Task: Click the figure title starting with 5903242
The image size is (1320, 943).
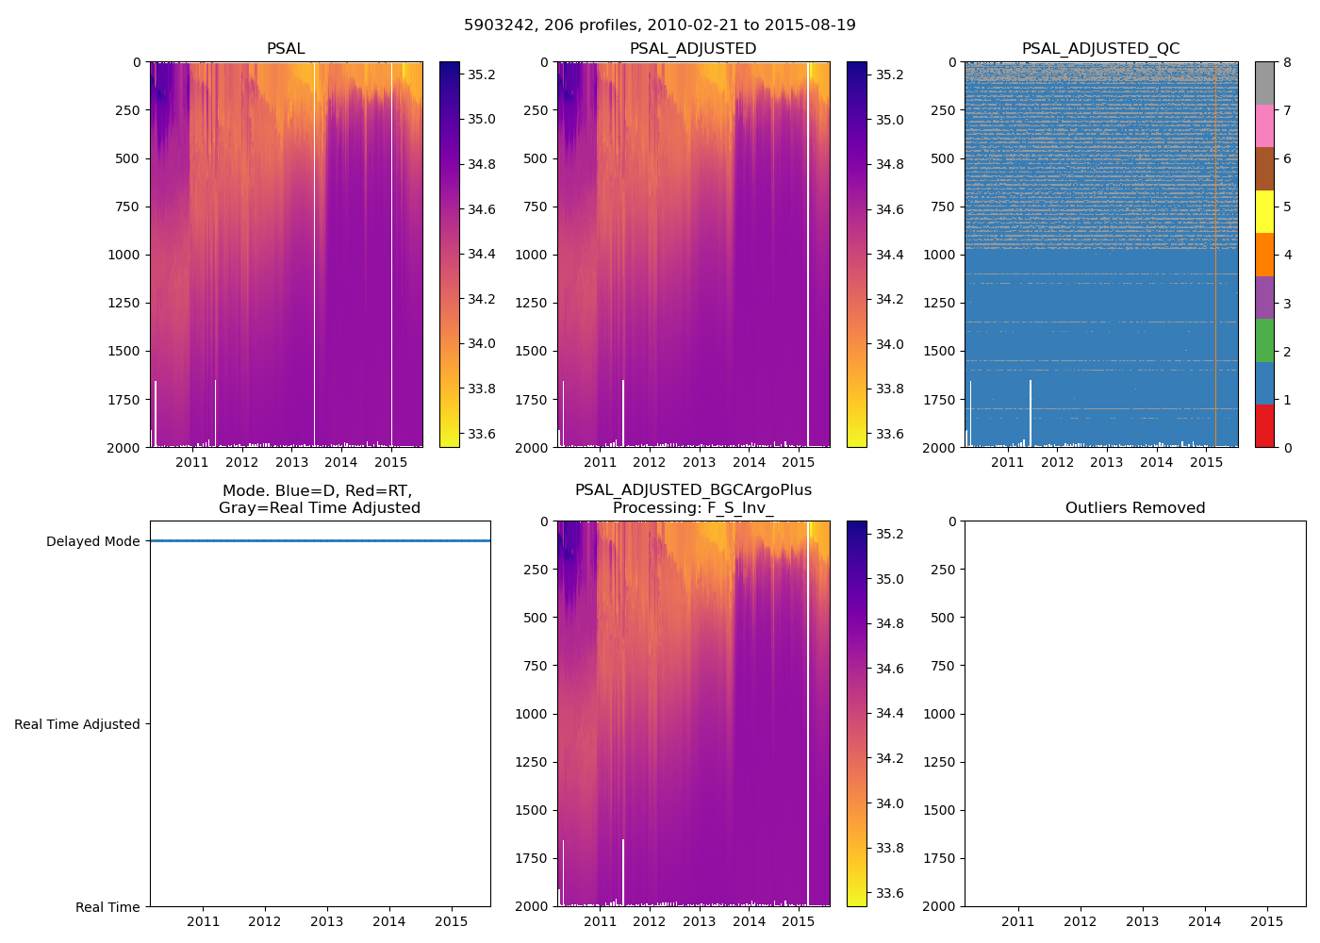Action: click(x=660, y=25)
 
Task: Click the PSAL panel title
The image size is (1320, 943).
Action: click(x=286, y=49)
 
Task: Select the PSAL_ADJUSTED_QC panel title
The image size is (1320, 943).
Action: click(x=1100, y=49)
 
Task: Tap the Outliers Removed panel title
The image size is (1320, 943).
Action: click(x=1135, y=508)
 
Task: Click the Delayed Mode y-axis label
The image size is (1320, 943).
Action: click(x=92, y=541)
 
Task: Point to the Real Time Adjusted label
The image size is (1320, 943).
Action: click(x=77, y=724)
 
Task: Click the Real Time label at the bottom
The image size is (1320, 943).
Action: click(x=107, y=907)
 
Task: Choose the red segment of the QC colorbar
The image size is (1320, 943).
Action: click(x=1264, y=425)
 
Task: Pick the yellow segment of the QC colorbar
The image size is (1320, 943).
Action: click(x=1264, y=211)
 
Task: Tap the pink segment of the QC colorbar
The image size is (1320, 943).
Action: click(x=1264, y=125)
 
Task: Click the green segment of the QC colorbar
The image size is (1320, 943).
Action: click(x=1264, y=339)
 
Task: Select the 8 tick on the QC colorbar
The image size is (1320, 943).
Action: click(x=1287, y=62)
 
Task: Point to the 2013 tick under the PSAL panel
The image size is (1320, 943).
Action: click(x=291, y=462)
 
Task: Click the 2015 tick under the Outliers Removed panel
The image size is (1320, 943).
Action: click(x=1266, y=921)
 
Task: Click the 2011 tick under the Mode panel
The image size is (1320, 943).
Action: click(x=203, y=921)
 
